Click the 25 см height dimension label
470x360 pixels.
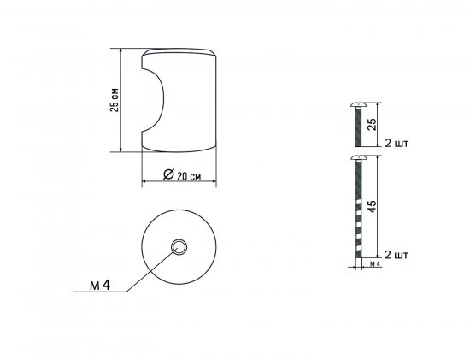coord(115,100)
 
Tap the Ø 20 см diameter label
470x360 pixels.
coord(182,174)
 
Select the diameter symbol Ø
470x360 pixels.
coord(168,174)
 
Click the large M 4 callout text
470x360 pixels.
coord(100,286)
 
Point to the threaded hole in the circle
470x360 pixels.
coord(179,247)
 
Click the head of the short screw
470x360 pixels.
coord(358,105)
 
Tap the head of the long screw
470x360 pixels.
coord(359,158)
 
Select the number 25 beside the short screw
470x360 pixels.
coord(372,124)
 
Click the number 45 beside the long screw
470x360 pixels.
coord(372,206)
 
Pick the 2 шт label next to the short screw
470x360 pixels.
coord(397,144)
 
